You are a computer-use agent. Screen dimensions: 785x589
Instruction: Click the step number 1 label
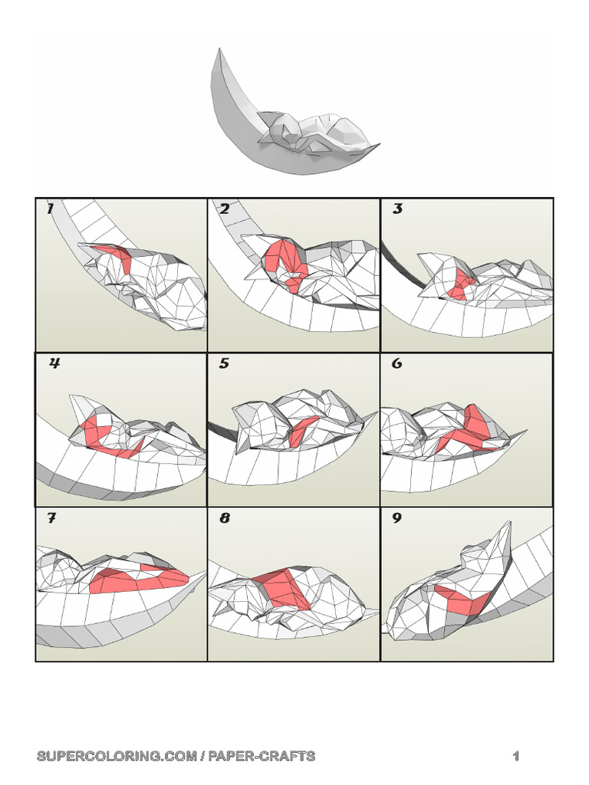pyautogui.click(x=51, y=209)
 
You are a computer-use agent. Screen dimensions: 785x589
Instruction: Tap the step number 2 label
pyautogui.click(x=225, y=209)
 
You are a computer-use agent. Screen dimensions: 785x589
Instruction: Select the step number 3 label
pyautogui.click(x=397, y=209)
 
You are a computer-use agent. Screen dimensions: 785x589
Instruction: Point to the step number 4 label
pyautogui.click(x=54, y=364)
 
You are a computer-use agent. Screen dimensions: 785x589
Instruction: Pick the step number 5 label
pyautogui.click(x=224, y=364)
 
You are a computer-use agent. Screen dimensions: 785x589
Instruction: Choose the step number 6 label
pyautogui.click(x=397, y=364)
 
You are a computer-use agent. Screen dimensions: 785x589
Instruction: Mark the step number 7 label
pyautogui.click(x=51, y=519)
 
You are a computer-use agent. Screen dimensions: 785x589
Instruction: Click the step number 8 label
pyautogui.click(x=225, y=519)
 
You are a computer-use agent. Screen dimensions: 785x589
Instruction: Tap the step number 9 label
pyautogui.click(x=397, y=519)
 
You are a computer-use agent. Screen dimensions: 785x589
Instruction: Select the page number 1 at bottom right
pyautogui.click(x=516, y=756)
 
